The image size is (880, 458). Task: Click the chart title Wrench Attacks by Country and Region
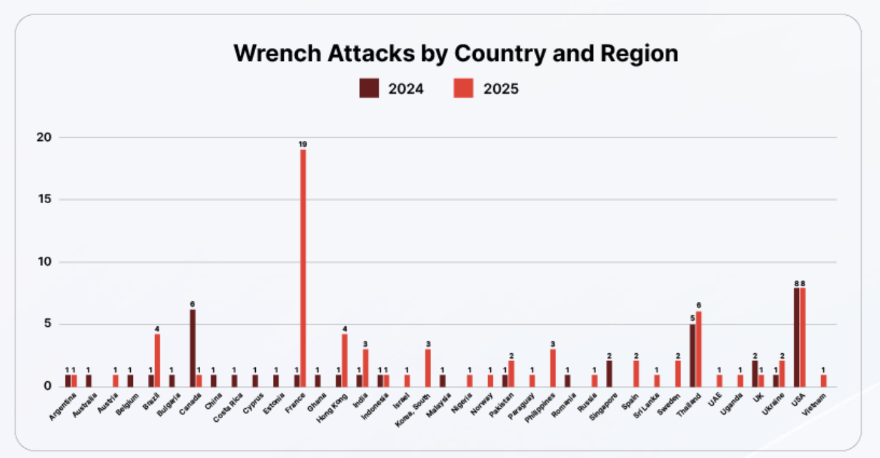point(455,54)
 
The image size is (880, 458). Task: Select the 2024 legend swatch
point(369,88)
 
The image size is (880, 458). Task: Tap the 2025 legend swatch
point(463,88)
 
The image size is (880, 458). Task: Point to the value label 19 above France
point(303,144)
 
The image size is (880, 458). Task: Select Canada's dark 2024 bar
point(192,348)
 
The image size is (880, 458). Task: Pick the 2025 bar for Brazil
point(157,360)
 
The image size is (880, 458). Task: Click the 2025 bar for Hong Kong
point(345,360)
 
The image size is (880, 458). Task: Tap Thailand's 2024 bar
point(692,355)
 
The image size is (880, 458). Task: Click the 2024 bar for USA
point(796,337)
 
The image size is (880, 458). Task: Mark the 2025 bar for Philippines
point(553,368)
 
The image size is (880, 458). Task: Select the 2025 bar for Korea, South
point(428,368)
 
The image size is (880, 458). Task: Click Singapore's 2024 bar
point(609,373)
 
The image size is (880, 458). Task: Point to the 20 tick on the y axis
point(45,138)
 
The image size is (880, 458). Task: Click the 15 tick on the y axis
point(45,200)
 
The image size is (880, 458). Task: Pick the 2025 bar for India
point(366,368)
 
